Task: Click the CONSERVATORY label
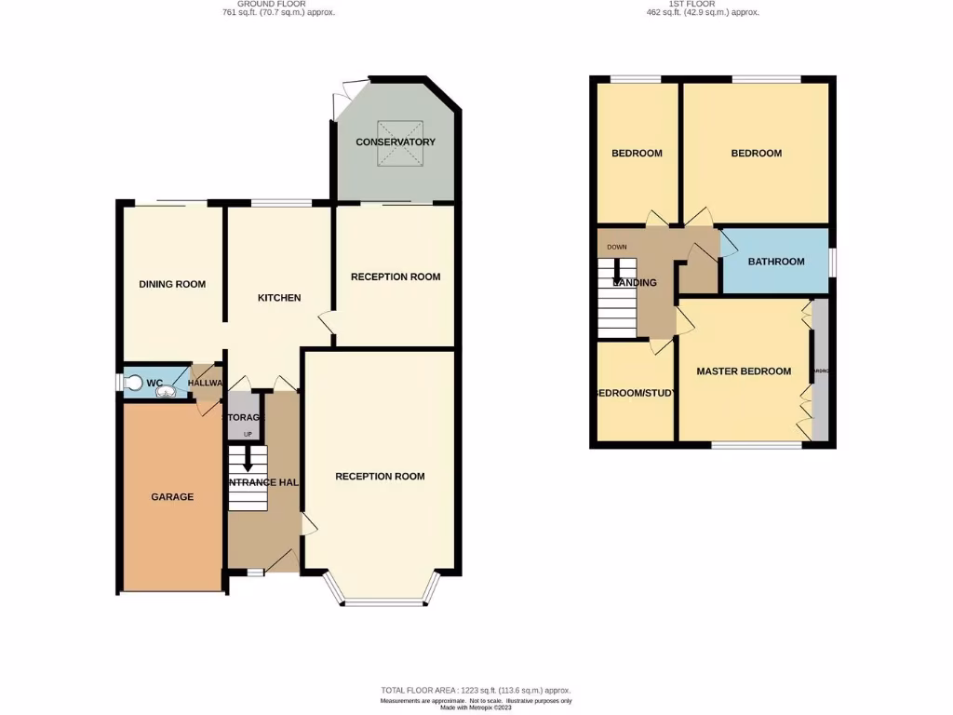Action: (396, 142)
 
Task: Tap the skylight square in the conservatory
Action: (395, 143)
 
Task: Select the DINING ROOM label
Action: (172, 285)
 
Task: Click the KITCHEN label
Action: (279, 298)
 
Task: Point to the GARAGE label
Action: (172, 497)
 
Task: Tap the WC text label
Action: (155, 383)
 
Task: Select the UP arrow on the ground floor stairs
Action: (248, 453)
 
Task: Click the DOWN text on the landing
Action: (616, 248)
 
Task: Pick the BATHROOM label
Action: (776, 262)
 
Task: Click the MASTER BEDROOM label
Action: (744, 371)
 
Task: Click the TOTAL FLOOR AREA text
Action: (476, 690)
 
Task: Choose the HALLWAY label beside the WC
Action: (207, 383)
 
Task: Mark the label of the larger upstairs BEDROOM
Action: (756, 154)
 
